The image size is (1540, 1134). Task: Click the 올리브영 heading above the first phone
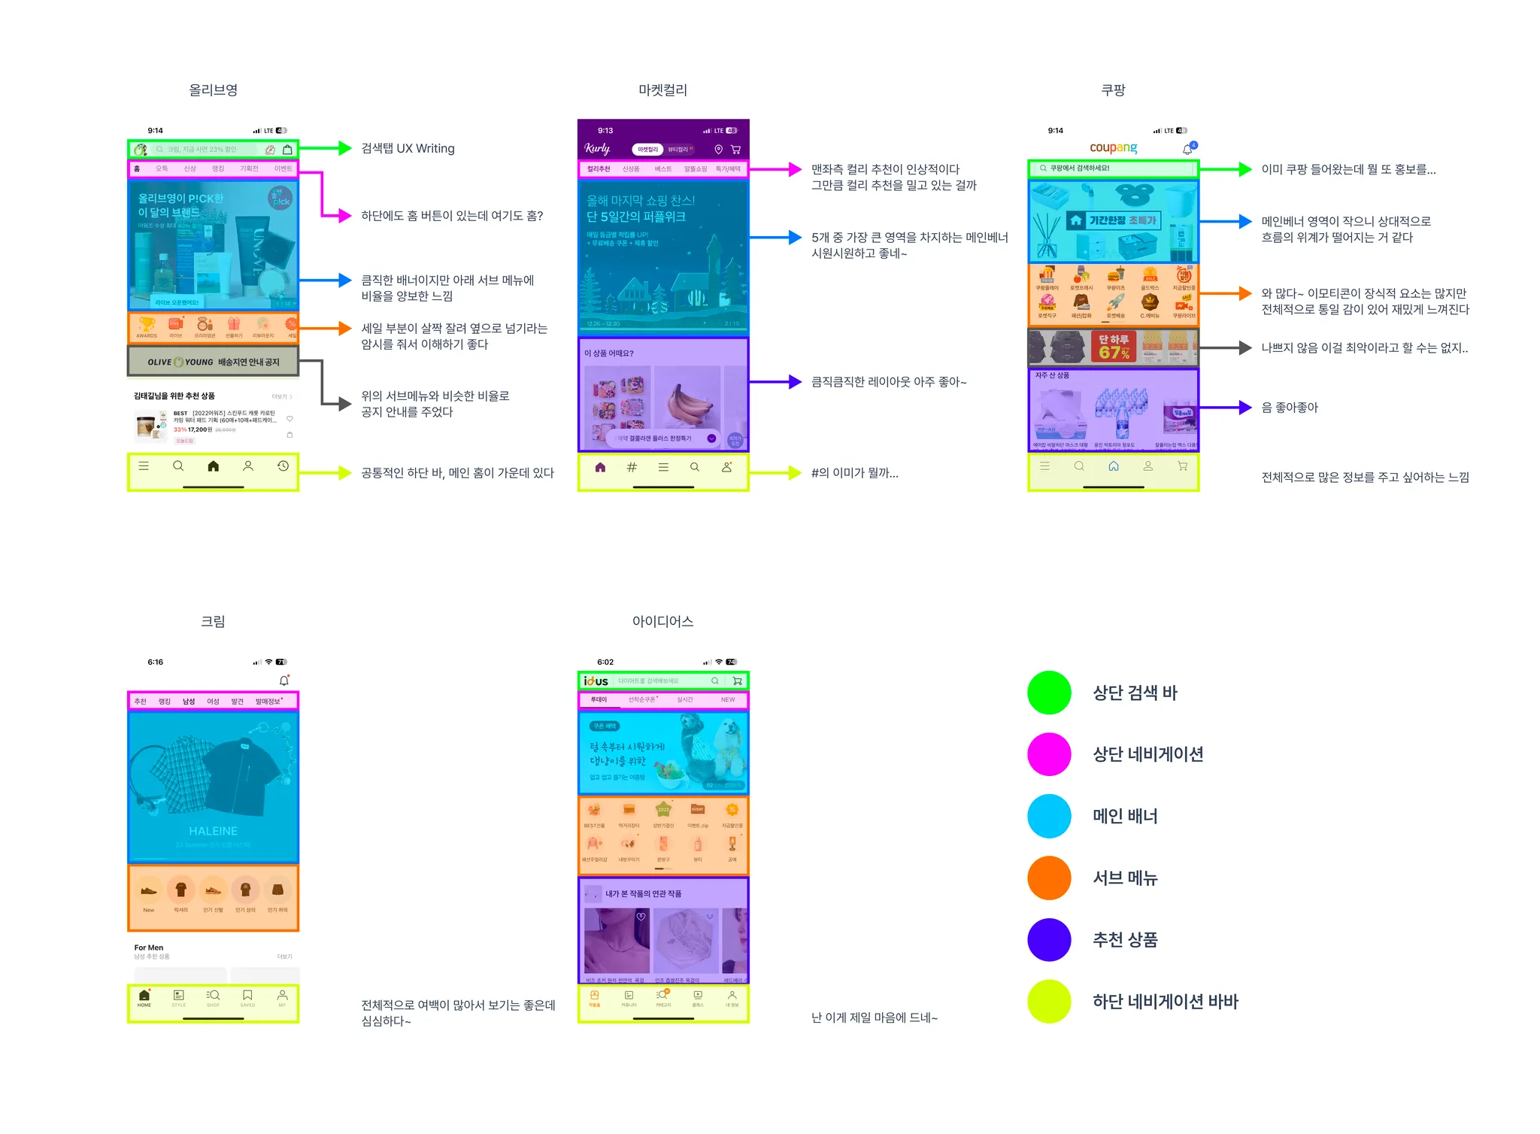point(213,90)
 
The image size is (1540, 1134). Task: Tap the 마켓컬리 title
point(662,90)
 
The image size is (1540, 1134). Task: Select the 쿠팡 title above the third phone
point(1113,90)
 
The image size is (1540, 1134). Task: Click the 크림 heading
point(213,621)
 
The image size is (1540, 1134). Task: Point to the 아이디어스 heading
point(662,621)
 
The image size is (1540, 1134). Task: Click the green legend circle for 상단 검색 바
point(1049,693)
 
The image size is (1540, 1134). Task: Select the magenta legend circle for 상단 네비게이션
point(1049,754)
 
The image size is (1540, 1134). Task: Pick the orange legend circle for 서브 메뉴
point(1049,878)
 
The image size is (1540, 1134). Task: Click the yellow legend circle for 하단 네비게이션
point(1049,1001)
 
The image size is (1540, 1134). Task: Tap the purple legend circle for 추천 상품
point(1049,939)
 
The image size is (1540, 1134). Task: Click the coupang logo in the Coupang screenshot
point(1113,147)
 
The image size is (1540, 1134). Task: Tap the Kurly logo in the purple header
point(597,149)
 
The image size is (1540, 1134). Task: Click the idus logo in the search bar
point(596,681)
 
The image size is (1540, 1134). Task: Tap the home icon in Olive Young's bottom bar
point(214,466)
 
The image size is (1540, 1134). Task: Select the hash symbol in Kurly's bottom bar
point(632,467)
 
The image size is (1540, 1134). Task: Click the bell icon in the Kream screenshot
point(284,681)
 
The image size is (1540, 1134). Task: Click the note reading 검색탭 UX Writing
point(408,148)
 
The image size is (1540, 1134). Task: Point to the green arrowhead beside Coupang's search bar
point(1245,169)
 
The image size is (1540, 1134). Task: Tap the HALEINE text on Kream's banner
point(213,831)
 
